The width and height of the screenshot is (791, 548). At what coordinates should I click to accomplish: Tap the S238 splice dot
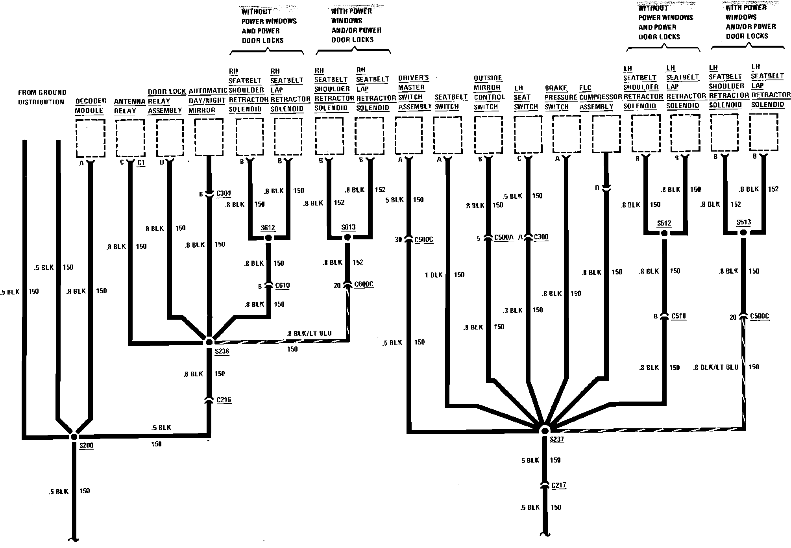(x=209, y=342)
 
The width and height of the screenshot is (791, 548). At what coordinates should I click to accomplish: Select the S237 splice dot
(x=545, y=430)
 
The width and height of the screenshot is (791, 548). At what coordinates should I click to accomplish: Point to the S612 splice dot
(x=268, y=238)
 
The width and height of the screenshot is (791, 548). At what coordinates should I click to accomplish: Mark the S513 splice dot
(x=743, y=233)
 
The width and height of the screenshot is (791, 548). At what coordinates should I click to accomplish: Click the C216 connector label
(x=224, y=400)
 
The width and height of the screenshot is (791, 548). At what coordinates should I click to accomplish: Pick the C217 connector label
(x=559, y=485)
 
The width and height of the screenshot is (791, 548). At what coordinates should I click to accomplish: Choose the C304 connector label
(x=224, y=193)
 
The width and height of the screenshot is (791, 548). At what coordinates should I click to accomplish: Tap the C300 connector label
(x=541, y=237)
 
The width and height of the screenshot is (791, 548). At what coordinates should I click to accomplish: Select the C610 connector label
(x=283, y=285)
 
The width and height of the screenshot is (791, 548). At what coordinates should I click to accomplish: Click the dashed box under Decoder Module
(x=90, y=138)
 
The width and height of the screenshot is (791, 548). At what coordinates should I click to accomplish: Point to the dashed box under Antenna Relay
(x=130, y=138)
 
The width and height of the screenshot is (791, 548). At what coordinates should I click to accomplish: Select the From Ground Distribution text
(x=42, y=97)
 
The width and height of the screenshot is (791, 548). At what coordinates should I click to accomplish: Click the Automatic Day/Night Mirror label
(x=207, y=101)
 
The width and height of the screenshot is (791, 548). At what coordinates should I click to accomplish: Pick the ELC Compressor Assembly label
(x=600, y=97)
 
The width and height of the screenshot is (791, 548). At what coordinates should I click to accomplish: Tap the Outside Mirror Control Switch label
(x=489, y=93)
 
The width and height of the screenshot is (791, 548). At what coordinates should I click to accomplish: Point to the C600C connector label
(x=364, y=284)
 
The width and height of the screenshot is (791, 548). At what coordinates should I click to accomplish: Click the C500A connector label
(x=504, y=238)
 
